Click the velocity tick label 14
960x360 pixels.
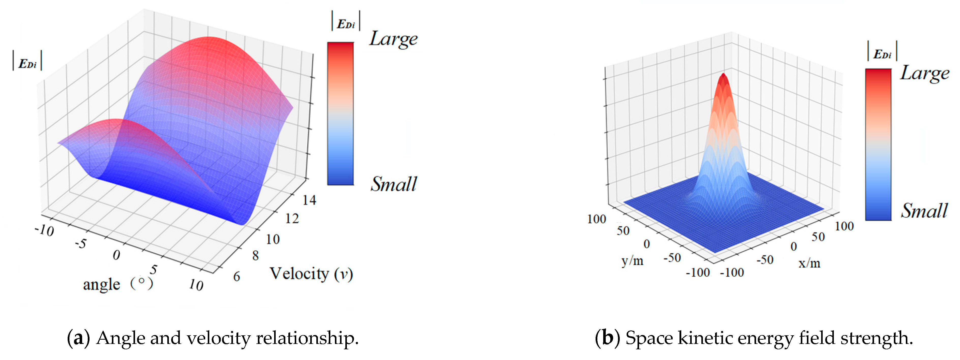(x=309, y=200)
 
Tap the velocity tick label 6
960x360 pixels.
(x=236, y=277)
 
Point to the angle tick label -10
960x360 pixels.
(x=44, y=230)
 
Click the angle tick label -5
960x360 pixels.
(x=81, y=244)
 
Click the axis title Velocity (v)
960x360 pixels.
(x=311, y=274)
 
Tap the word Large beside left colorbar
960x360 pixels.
(x=393, y=39)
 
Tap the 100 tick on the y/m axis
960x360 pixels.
(x=596, y=219)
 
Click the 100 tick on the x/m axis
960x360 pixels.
(x=844, y=226)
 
